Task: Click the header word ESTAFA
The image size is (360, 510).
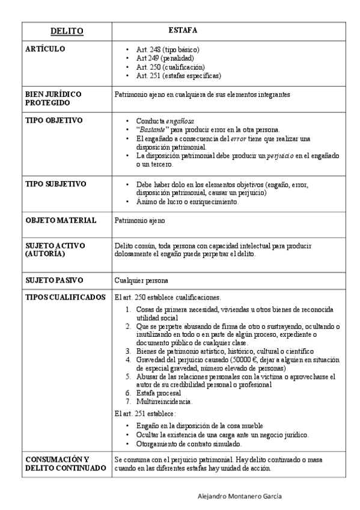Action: (x=183, y=29)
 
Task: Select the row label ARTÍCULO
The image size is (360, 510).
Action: (x=46, y=49)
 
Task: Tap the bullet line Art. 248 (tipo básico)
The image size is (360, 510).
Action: (x=168, y=49)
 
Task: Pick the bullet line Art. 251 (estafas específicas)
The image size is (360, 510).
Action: (x=178, y=76)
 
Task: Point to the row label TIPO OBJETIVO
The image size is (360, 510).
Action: (x=53, y=120)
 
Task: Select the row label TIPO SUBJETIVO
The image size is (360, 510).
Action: (x=56, y=183)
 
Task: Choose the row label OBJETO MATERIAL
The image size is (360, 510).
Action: (x=61, y=221)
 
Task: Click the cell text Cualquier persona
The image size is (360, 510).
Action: (x=141, y=280)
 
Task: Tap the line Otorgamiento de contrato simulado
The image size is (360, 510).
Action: (x=189, y=444)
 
